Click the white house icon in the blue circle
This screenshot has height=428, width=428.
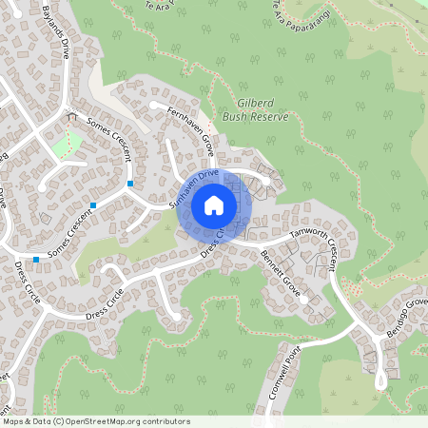pyautogui.click(x=214, y=205)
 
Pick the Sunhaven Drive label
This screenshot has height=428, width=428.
pyautogui.click(x=193, y=188)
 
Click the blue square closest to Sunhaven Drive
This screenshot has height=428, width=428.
pyautogui.click(x=129, y=182)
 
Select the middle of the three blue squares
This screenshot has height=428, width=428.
pyautogui.click(x=93, y=204)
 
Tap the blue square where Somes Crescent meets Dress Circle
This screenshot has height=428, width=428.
pyautogui.click(x=36, y=259)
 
